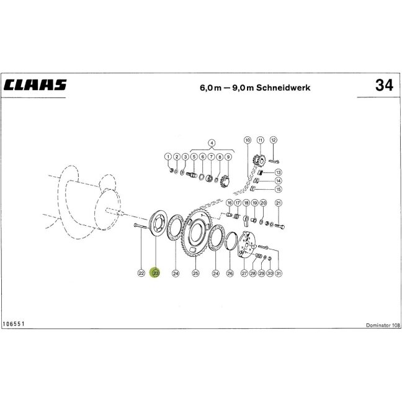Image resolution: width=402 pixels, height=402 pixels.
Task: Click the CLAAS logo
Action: point(35,85)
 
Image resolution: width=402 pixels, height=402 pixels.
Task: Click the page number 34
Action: point(384,85)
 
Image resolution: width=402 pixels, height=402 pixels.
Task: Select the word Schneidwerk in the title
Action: point(283,87)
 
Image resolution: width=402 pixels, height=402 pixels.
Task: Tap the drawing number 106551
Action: point(13,324)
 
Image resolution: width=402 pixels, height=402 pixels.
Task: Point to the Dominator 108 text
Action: point(383,325)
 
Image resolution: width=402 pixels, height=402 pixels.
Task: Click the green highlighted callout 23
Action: point(156,273)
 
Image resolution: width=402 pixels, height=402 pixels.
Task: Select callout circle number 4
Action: point(212,143)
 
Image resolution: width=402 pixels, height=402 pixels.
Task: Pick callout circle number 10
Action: point(248,140)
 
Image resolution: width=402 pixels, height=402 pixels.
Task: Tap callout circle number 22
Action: point(141,274)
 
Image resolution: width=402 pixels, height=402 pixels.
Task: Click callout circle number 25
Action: point(195,274)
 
